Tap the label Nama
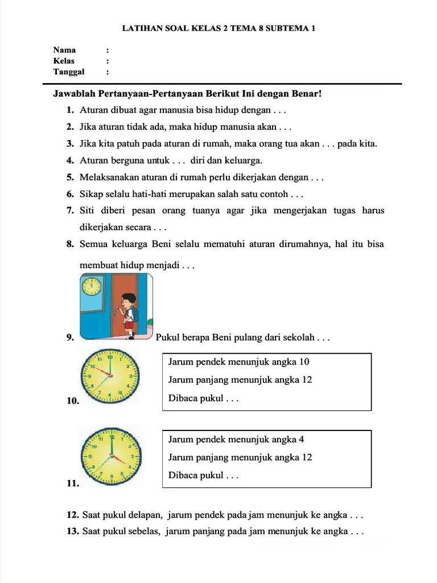[64, 50]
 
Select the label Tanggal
[69, 72]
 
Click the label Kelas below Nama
[64, 60]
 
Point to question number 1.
[69, 110]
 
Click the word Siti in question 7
[88, 211]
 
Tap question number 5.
[69, 178]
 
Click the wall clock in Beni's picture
[91, 286]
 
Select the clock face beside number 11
[109, 456]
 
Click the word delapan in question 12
[146, 515]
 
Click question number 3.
[69, 143]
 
